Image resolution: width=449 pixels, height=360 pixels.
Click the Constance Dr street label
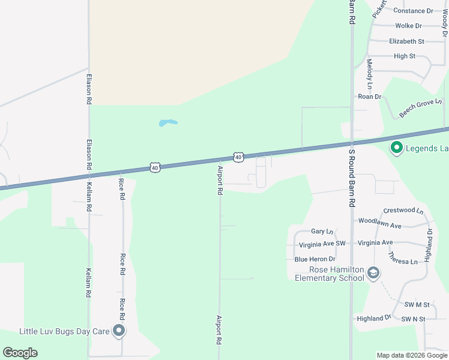tap(413, 11)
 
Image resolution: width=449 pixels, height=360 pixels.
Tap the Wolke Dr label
tap(408, 26)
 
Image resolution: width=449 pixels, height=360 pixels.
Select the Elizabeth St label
tap(406, 41)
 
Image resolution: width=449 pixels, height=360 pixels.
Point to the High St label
tap(404, 56)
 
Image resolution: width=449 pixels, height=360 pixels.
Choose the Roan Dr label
tap(369, 97)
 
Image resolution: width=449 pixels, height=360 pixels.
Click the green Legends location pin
tap(396, 147)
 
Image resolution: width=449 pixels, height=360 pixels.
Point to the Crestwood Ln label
tap(403, 211)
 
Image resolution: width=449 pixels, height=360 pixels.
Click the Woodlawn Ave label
tap(379, 221)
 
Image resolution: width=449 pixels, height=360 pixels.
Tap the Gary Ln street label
tap(322, 231)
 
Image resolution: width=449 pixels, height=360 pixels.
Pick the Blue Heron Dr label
tap(315, 259)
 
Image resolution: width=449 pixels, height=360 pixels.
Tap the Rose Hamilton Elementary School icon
tap(373, 274)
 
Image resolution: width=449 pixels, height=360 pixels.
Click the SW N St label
tap(413, 319)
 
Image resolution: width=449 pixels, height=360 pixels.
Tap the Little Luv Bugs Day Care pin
tap(119, 331)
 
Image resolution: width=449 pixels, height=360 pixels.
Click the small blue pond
tap(168, 123)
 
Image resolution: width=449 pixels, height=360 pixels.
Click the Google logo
tap(20, 353)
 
